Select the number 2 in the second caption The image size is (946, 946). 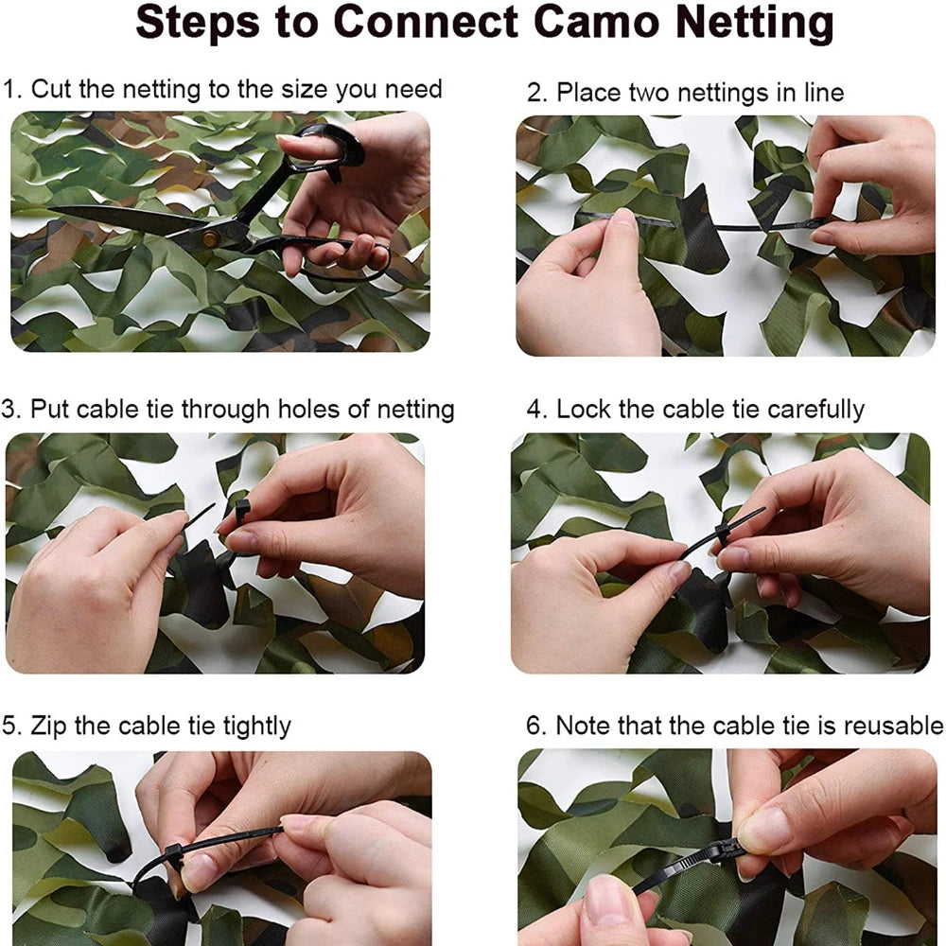(x=534, y=93)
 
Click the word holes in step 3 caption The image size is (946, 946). (x=324, y=410)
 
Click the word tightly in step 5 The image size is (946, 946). (x=256, y=726)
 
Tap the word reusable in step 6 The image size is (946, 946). (x=893, y=726)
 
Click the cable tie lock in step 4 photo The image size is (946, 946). (x=724, y=534)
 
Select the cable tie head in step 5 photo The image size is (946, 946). (x=174, y=855)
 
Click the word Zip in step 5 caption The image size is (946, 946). (x=47, y=726)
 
